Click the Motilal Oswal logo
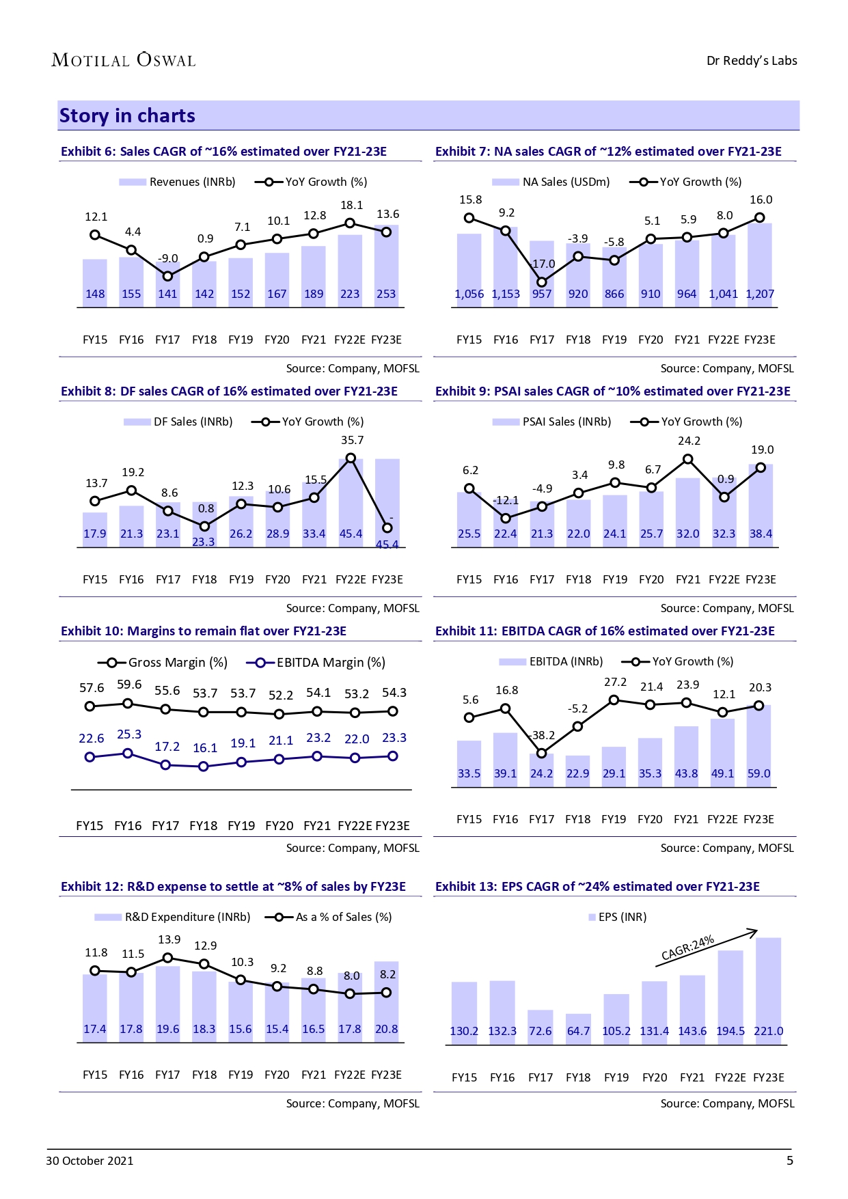[x=124, y=60]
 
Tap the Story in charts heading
[x=127, y=115]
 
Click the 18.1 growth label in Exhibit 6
[x=351, y=205]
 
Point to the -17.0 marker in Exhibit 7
[x=542, y=281]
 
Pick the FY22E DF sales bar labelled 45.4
[x=351, y=502]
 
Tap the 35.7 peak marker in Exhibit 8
[x=351, y=458]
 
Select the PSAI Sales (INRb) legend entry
[x=552, y=422]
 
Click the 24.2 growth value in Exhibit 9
[x=689, y=441]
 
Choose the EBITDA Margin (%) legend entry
[x=316, y=662]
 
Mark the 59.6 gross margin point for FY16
[x=128, y=703]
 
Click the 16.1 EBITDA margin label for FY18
[x=205, y=747]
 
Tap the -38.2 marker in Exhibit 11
[x=541, y=753]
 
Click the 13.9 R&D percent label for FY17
[x=169, y=939]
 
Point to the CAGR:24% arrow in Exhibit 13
[x=707, y=948]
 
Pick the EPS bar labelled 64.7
[x=578, y=1029]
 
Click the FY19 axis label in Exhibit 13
[x=616, y=1077]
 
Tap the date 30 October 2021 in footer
[x=90, y=1161]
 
